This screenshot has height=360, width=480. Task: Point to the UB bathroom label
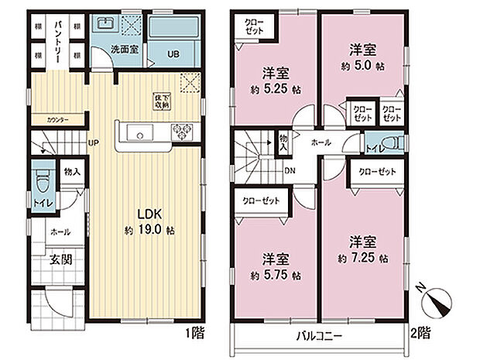click(x=174, y=54)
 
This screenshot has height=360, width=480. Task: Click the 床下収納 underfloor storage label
click(x=161, y=101)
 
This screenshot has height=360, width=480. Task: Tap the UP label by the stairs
click(x=93, y=143)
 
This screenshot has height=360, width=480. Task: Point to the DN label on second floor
click(x=289, y=171)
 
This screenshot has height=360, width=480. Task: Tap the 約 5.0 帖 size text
click(x=360, y=67)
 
